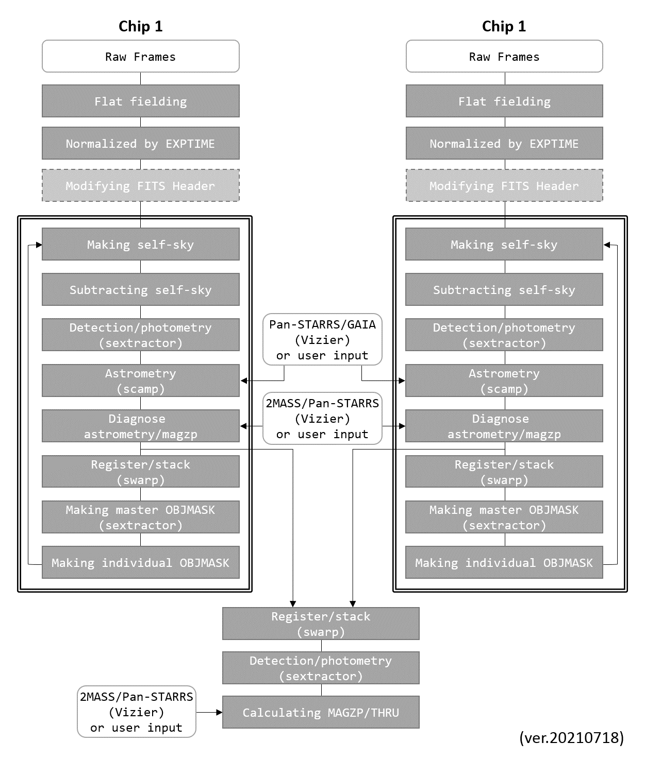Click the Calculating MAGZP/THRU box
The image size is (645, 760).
click(321, 712)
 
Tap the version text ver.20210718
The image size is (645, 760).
click(571, 737)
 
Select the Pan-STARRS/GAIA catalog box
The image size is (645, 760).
click(322, 340)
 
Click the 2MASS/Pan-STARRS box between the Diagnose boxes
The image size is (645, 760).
click(322, 419)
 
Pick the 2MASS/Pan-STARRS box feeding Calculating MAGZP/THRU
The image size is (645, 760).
click(137, 712)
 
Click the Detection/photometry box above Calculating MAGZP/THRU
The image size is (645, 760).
click(321, 668)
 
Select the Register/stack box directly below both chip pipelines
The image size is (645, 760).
click(321, 624)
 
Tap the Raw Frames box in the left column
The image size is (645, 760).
click(140, 57)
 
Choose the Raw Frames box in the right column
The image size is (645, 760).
click(504, 57)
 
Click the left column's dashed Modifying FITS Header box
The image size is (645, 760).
click(140, 185)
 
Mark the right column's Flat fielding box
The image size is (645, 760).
click(504, 101)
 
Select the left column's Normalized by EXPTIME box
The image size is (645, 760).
click(140, 143)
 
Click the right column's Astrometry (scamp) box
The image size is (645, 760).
click(504, 381)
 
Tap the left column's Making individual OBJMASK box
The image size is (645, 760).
click(140, 562)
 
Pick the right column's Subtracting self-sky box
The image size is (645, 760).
click(504, 289)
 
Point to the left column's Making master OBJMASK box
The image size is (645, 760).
click(140, 517)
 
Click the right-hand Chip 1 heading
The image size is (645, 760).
click(504, 26)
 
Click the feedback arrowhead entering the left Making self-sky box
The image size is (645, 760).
click(39, 245)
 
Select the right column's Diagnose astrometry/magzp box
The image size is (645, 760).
click(504, 426)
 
